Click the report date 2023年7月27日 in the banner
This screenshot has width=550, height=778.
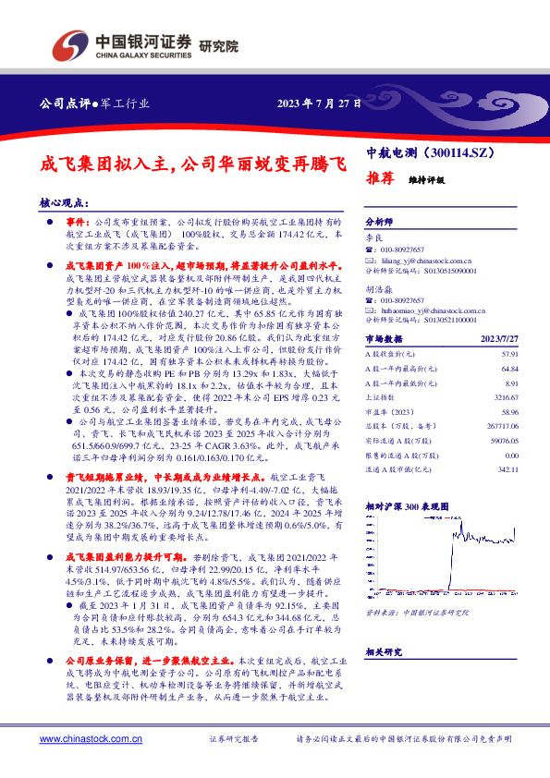pyautogui.click(x=317, y=102)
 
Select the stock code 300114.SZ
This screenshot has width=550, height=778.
pyautogui.click(x=464, y=151)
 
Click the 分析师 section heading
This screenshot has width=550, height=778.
pyautogui.click(x=379, y=223)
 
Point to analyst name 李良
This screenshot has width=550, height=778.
pyautogui.click(x=373, y=237)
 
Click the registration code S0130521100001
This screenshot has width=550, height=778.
pyautogui.click(x=451, y=323)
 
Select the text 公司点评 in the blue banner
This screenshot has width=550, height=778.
pyautogui.click(x=61, y=102)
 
